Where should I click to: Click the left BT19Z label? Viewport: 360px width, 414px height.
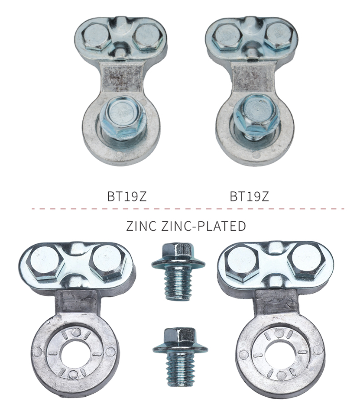[127, 196]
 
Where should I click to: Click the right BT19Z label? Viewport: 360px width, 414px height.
[250, 196]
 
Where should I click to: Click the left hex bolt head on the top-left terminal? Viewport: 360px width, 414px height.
[95, 36]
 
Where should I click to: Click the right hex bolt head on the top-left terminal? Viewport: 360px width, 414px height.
[147, 37]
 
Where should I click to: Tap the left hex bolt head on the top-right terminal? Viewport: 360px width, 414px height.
[227, 36]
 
